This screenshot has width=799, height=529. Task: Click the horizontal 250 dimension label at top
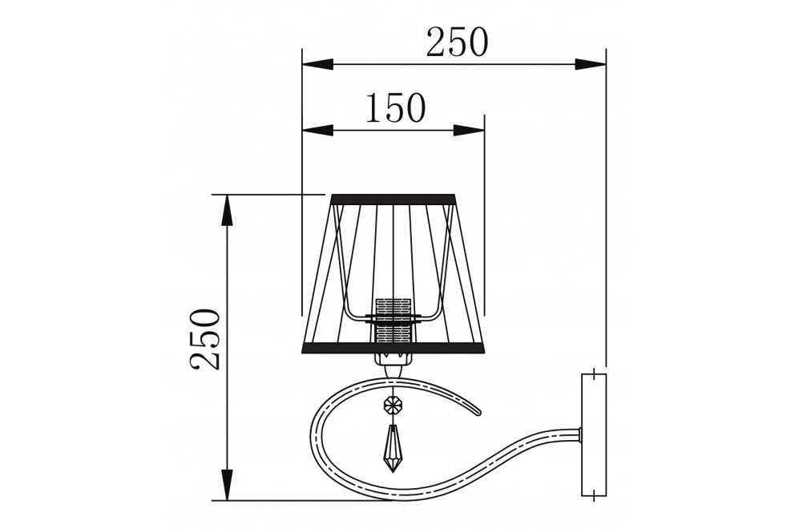coord(457,42)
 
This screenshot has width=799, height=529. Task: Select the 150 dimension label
coord(395,107)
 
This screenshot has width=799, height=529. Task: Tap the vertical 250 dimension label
coord(206,338)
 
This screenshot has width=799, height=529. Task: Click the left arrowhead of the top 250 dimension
coord(317,65)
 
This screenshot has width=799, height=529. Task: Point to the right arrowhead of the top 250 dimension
coord(591,65)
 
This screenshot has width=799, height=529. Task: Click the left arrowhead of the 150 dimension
coord(317,131)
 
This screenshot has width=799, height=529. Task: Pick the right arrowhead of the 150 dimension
coord(469,131)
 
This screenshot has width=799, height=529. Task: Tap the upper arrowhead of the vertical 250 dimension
coord(228,210)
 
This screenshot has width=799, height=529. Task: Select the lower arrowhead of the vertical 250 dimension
coord(228,485)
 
